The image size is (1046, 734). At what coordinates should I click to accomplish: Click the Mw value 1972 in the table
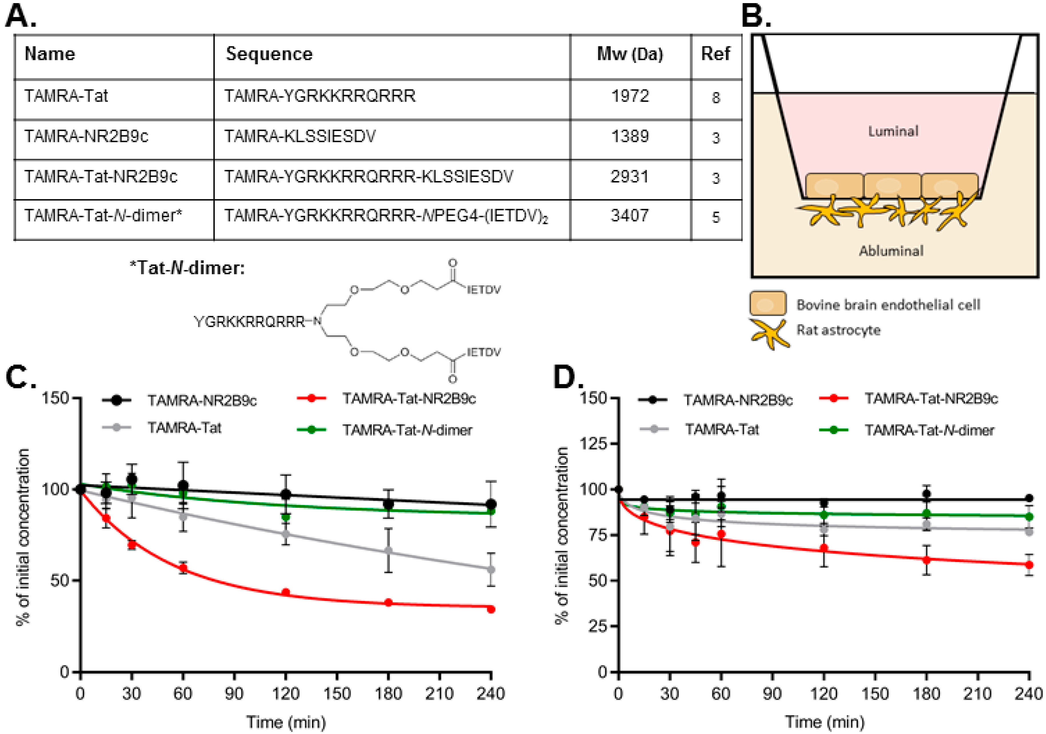tap(630, 96)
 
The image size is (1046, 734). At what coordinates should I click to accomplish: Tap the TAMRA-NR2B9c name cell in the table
tap(86, 136)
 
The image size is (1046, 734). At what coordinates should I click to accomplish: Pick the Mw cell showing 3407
tap(630, 215)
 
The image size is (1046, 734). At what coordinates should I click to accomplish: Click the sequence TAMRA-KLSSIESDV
tap(300, 136)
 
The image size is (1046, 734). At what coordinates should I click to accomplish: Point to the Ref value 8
tap(716, 97)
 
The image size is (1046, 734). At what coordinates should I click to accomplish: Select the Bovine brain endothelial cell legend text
tap(888, 305)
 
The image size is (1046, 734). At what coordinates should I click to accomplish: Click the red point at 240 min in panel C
tap(491, 609)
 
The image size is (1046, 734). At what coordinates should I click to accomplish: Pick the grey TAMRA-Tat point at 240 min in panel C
tap(491, 569)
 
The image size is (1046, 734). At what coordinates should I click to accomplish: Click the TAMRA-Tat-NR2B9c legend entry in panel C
tap(409, 399)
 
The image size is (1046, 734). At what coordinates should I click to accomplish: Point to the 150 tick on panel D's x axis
tap(875, 693)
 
